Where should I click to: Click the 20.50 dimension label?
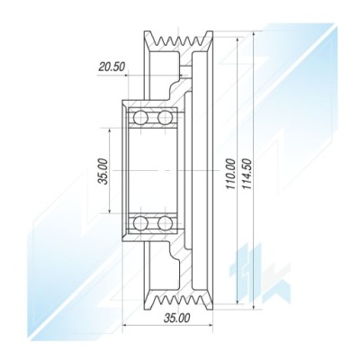(x=112, y=67)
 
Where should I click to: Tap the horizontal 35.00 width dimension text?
(x=177, y=318)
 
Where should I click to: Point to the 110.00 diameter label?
(x=231, y=173)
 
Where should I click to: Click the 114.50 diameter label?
(x=247, y=173)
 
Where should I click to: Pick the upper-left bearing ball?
(x=140, y=117)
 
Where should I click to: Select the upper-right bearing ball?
(x=166, y=117)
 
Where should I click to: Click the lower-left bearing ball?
(x=140, y=223)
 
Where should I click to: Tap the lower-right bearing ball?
(x=166, y=223)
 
